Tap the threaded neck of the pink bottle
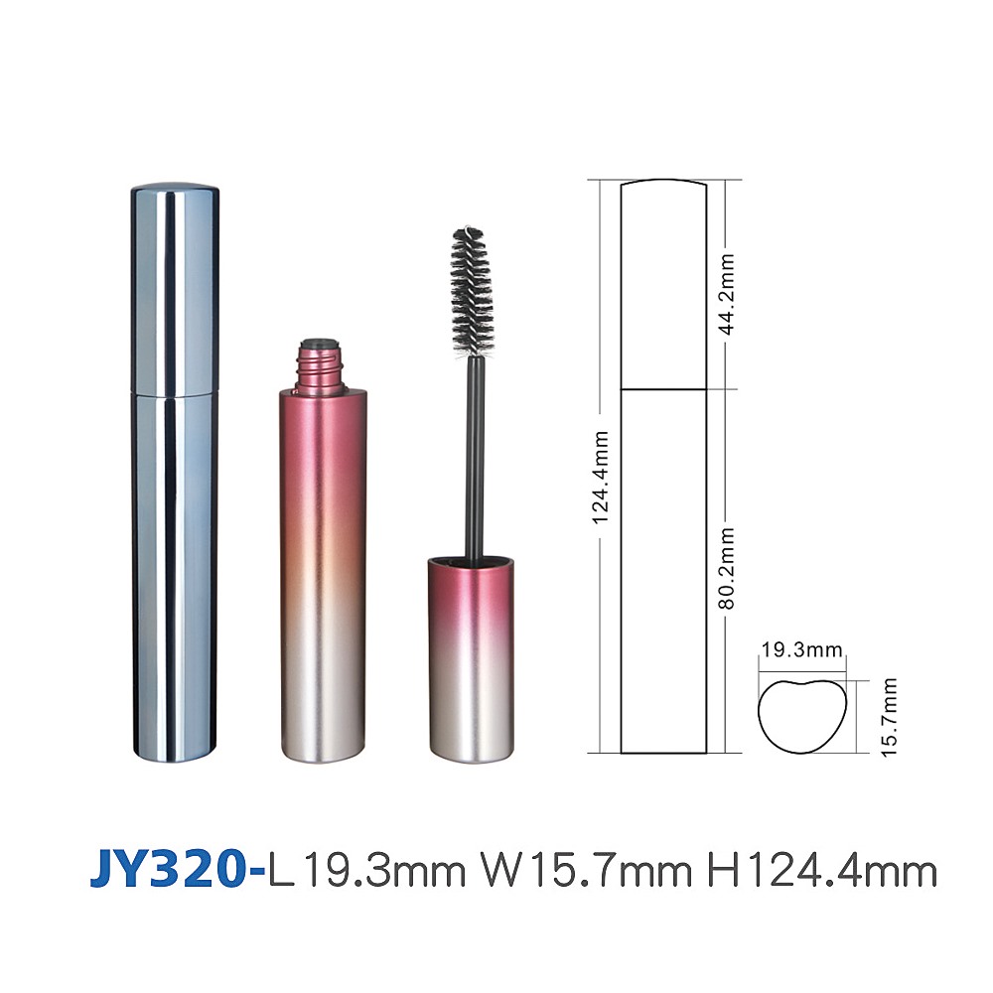pos(321,367)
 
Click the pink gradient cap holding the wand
pos(471,659)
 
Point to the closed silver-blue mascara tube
pos(175,473)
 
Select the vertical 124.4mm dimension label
pos(601,478)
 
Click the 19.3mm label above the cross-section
pos(801,649)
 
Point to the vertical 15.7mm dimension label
pos(889,717)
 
